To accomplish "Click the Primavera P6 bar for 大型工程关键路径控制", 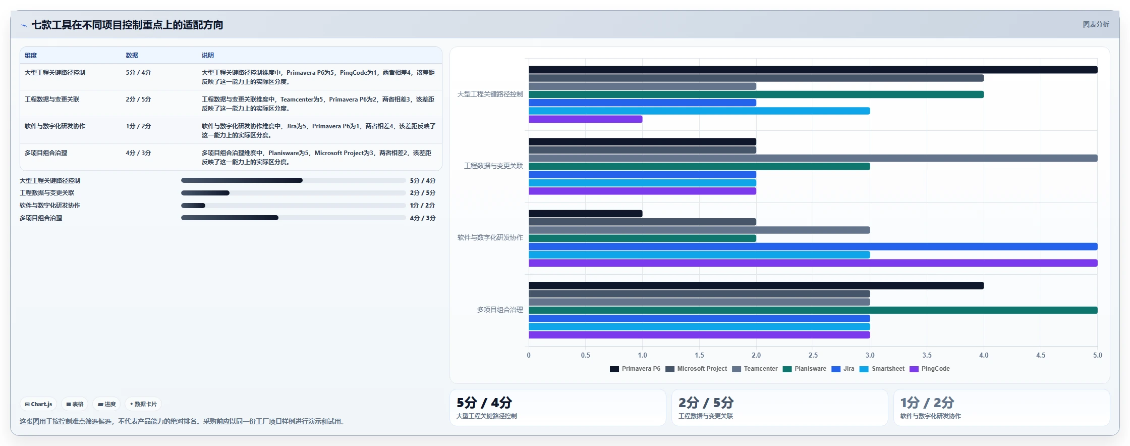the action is (x=813, y=70).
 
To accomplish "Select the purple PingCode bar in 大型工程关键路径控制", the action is (x=585, y=119).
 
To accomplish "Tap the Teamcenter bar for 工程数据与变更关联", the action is (x=813, y=158).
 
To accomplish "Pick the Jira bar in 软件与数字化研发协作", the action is (x=813, y=246).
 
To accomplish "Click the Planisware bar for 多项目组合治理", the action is (x=813, y=310).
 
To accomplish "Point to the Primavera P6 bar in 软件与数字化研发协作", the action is (x=585, y=214).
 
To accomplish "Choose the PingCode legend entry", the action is (x=930, y=369).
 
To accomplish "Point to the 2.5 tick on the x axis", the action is (x=813, y=355).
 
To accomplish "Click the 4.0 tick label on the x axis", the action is (x=984, y=355).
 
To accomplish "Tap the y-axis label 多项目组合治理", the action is (x=500, y=310).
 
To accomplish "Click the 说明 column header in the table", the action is (x=208, y=56).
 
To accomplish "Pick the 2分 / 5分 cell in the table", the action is (x=138, y=100).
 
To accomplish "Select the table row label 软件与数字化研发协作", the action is (x=55, y=126).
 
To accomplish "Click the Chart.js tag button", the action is (x=38, y=404).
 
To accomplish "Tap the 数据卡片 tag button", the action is (x=143, y=404).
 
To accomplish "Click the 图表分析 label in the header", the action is (x=1096, y=24).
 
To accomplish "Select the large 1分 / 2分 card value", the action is (x=927, y=403).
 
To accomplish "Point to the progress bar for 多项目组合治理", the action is (x=293, y=218).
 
